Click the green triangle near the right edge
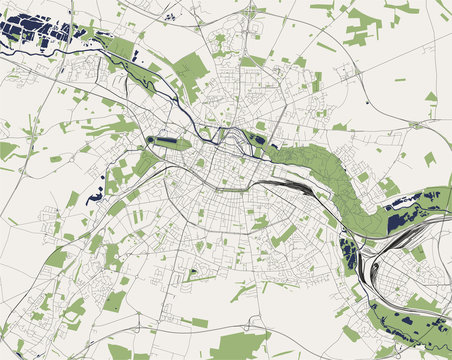click(431, 97)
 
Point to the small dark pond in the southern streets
click(192, 272)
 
